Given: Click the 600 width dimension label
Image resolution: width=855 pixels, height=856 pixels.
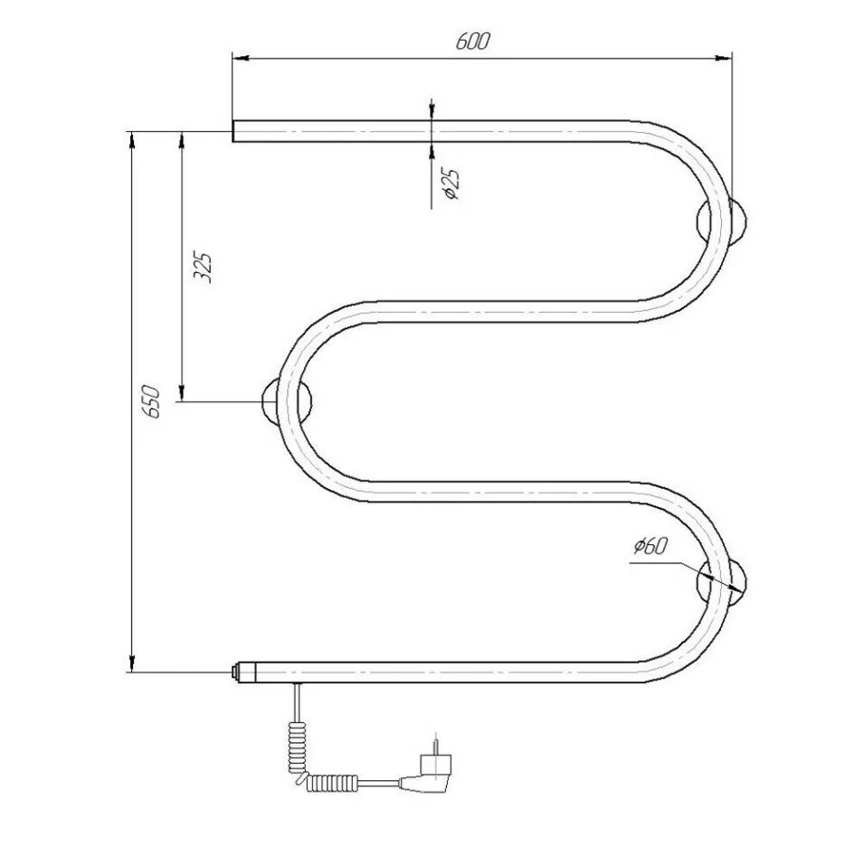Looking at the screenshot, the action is click(x=473, y=42).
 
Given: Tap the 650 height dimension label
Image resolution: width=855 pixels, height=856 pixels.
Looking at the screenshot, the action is click(x=151, y=402).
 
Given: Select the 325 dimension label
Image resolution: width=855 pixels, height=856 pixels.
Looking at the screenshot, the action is click(x=202, y=267).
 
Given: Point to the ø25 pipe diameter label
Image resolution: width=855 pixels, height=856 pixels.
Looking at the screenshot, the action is click(x=452, y=184).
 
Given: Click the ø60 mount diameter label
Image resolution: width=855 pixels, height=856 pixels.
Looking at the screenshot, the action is click(x=651, y=545).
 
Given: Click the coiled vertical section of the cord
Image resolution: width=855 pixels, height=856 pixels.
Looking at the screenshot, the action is click(x=295, y=746).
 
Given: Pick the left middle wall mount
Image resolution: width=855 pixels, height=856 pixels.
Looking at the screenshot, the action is click(x=288, y=400).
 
